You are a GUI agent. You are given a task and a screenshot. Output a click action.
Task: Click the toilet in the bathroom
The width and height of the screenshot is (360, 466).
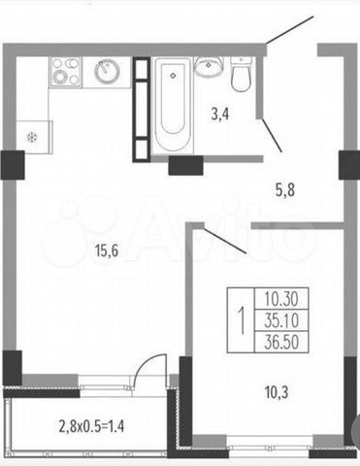tap(241, 75)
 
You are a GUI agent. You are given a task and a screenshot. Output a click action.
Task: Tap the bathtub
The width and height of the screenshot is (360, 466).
tap(173, 104)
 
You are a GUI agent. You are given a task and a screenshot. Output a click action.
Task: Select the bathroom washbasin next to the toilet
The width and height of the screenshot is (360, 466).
tap(209, 67)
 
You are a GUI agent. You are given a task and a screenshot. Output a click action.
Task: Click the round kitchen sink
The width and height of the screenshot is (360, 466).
tap(107, 71)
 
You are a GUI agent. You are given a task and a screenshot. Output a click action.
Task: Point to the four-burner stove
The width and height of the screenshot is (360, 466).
tap(65, 72)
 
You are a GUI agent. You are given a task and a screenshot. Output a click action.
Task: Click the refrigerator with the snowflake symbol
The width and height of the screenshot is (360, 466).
tap(34, 137)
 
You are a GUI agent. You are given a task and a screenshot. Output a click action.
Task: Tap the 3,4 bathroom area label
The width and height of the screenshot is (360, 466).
tap(220, 114)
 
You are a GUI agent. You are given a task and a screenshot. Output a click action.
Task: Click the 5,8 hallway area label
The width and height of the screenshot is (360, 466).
tap(285, 190)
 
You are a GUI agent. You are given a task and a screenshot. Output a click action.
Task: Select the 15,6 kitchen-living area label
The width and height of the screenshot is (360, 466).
tap(107, 250)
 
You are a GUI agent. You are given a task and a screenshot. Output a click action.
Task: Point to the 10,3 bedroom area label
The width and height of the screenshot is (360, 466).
tap(277, 392)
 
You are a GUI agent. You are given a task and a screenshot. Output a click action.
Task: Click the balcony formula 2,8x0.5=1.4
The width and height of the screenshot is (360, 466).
tap(91, 426)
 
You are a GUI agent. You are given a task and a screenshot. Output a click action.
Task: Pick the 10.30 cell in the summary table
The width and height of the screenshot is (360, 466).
tap(281, 298)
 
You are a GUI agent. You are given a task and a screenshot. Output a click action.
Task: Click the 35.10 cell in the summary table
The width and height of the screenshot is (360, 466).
tap(281, 320)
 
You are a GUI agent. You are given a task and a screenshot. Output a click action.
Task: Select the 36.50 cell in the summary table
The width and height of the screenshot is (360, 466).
tap(281, 342)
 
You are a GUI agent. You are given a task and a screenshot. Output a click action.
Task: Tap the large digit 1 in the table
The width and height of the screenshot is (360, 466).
tap(242, 320)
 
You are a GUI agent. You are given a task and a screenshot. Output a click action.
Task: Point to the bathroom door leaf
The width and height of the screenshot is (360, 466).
tap(272, 135)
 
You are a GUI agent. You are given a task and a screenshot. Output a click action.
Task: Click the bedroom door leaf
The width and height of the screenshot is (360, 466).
tap(224, 240)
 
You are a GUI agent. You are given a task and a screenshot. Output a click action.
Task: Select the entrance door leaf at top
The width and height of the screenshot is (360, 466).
tap(290, 30)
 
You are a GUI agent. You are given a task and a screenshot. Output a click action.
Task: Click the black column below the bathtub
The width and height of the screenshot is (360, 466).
tap(186, 165)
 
